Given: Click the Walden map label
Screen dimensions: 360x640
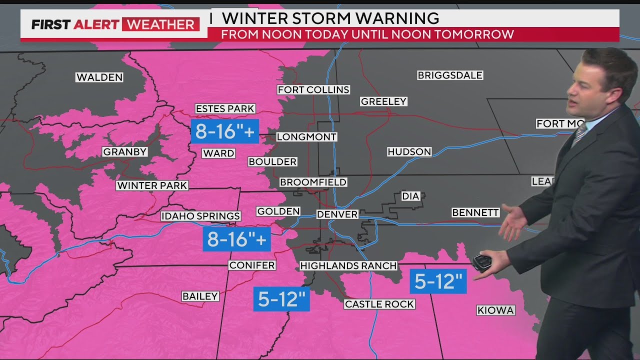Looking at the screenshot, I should [99, 77].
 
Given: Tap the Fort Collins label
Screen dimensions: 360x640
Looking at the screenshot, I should [313, 89].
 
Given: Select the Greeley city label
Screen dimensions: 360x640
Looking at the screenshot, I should [383, 101].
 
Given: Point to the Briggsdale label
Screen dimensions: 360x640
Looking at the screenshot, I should [450, 75].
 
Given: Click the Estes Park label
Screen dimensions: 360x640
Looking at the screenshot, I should [225, 108].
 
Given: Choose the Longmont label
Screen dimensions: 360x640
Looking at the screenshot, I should [306, 136].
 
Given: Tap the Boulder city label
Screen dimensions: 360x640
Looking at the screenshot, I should [272, 161].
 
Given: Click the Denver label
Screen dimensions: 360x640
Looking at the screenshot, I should [337, 214].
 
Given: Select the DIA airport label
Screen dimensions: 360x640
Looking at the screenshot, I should [410, 196].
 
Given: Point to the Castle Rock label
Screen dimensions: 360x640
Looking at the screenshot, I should [379, 304].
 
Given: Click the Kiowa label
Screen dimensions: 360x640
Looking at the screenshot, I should [495, 310].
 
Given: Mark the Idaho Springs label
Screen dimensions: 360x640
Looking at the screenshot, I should [200, 216].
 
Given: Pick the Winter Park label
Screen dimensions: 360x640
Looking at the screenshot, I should [152, 185].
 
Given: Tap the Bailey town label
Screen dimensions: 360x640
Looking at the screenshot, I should [200, 296].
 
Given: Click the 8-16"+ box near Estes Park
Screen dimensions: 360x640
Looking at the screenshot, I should [224, 131].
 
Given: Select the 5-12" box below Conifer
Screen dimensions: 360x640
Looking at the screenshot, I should [281, 299].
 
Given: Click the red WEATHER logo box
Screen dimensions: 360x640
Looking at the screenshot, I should [160, 24].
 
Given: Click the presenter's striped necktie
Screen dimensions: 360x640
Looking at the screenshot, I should [579, 133].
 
